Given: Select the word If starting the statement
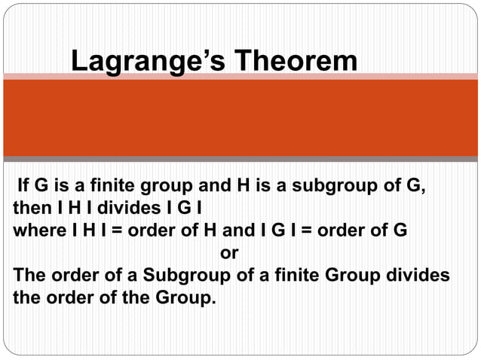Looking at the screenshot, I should point(23,185).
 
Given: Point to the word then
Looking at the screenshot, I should point(30,207).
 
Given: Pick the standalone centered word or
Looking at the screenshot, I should point(228,252).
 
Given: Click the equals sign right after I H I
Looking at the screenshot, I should point(113,230).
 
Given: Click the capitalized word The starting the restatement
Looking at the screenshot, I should point(29,274).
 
